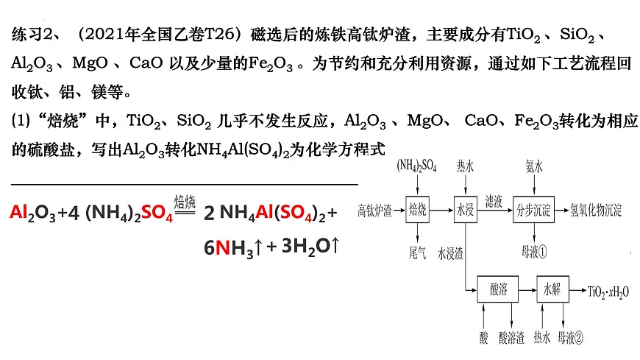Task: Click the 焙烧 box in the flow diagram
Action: pos(417,210)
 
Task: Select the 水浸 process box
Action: pos(466,210)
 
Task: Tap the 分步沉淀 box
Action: pos(533,210)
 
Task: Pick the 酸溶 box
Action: pos(498,289)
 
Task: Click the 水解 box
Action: pos(552,289)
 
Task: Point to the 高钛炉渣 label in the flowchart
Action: pos(374,211)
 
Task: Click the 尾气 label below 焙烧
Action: pos(417,253)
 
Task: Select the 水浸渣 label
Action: pos(450,253)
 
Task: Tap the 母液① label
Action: pos(534,252)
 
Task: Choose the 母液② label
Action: pos(570,337)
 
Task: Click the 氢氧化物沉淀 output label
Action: pos(596,210)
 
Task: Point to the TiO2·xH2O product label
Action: pos(608,292)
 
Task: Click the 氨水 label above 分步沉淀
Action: pos(534,166)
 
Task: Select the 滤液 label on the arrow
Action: pos(494,201)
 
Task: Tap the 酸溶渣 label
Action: pos(511,337)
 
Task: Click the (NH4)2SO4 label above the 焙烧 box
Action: pos(416,166)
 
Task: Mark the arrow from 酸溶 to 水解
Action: pos(527,290)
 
